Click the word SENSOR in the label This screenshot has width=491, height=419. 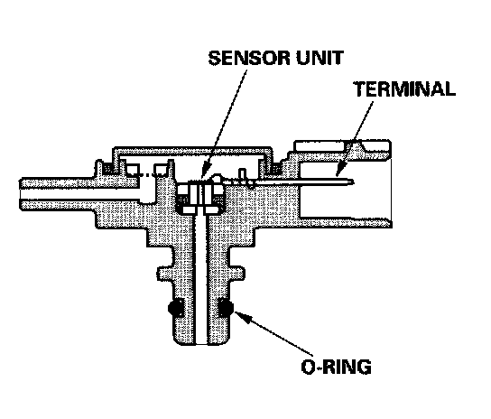[249, 58]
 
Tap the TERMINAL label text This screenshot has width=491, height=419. [404, 88]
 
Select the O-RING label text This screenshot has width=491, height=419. [336, 367]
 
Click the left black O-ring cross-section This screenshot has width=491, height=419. [177, 308]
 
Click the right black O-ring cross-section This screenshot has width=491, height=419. [225, 307]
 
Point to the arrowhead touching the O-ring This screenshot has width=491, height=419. [240, 316]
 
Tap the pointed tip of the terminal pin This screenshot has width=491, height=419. [354, 182]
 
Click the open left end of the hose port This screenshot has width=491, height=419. [21, 193]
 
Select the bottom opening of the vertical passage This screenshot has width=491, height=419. [200, 344]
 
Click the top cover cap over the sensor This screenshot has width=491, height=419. [192, 150]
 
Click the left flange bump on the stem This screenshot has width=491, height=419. [165, 273]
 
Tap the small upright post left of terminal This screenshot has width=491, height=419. [242, 176]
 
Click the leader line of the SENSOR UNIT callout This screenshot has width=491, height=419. [225, 122]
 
